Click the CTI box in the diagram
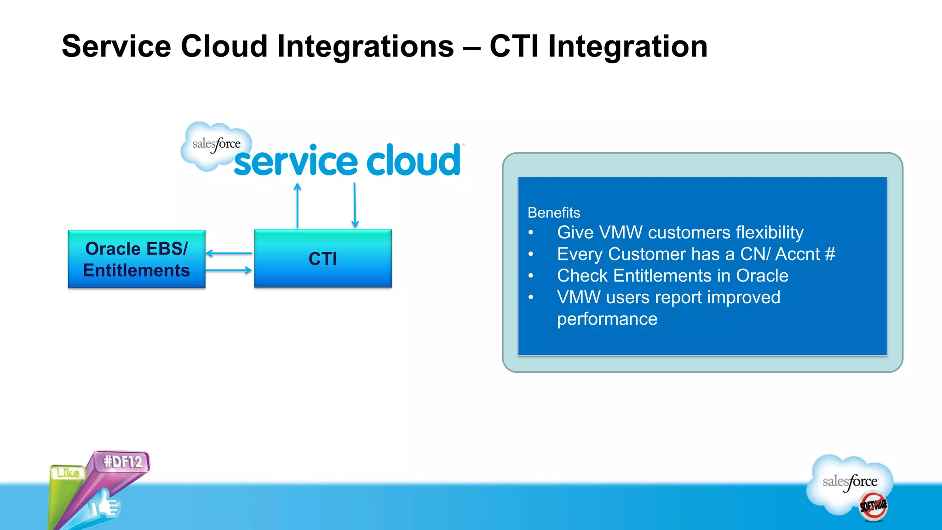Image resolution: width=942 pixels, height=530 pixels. [323, 259]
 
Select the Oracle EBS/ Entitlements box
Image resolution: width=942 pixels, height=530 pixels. [137, 259]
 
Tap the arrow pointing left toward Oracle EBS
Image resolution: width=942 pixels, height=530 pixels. [229, 253]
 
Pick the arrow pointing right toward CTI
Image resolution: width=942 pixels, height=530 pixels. [229, 270]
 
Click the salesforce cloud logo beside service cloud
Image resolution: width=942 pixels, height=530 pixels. [215, 145]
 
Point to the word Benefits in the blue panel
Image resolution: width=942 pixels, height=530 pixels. [554, 213]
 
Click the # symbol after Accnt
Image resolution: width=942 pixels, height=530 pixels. [830, 254]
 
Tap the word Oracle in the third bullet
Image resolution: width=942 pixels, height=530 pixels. [762, 276]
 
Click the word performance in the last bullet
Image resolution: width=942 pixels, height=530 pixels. [607, 319]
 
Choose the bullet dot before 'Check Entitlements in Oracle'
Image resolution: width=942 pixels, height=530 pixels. [531, 276]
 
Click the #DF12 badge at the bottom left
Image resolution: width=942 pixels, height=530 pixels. [122, 461]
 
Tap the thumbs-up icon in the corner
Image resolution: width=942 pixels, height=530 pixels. [105, 505]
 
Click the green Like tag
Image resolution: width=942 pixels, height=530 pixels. [68, 472]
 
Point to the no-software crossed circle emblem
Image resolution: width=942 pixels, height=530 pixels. [873, 506]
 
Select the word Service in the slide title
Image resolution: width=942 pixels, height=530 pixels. [116, 46]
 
